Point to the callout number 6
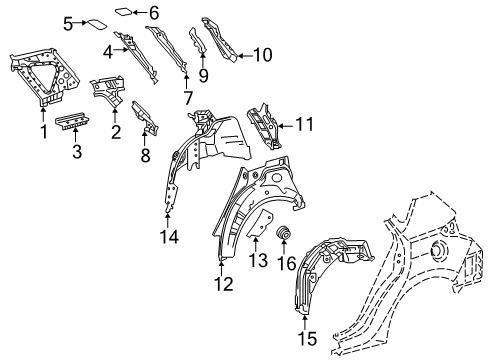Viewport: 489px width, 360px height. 153,13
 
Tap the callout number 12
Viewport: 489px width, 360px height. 222,285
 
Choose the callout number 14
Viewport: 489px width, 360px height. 167,237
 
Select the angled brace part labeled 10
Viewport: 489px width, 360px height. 215,38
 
